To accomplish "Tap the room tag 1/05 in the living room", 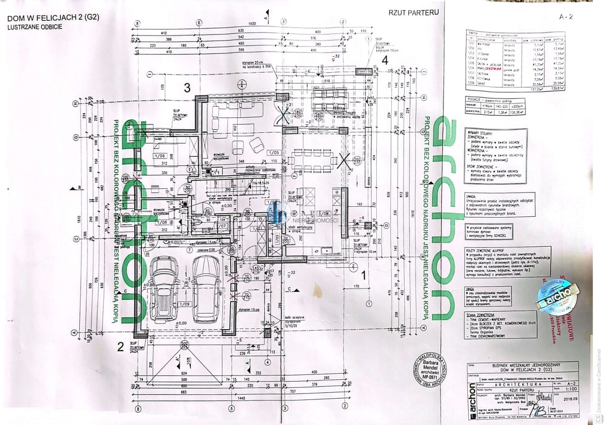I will [x=273, y=153].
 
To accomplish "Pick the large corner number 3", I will [x=188, y=88].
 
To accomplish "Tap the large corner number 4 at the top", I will [x=385, y=60].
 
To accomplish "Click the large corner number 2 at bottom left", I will [x=121, y=348].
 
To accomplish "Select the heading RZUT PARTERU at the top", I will [x=414, y=13].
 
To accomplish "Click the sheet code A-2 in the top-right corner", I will [x=566, y=17].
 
